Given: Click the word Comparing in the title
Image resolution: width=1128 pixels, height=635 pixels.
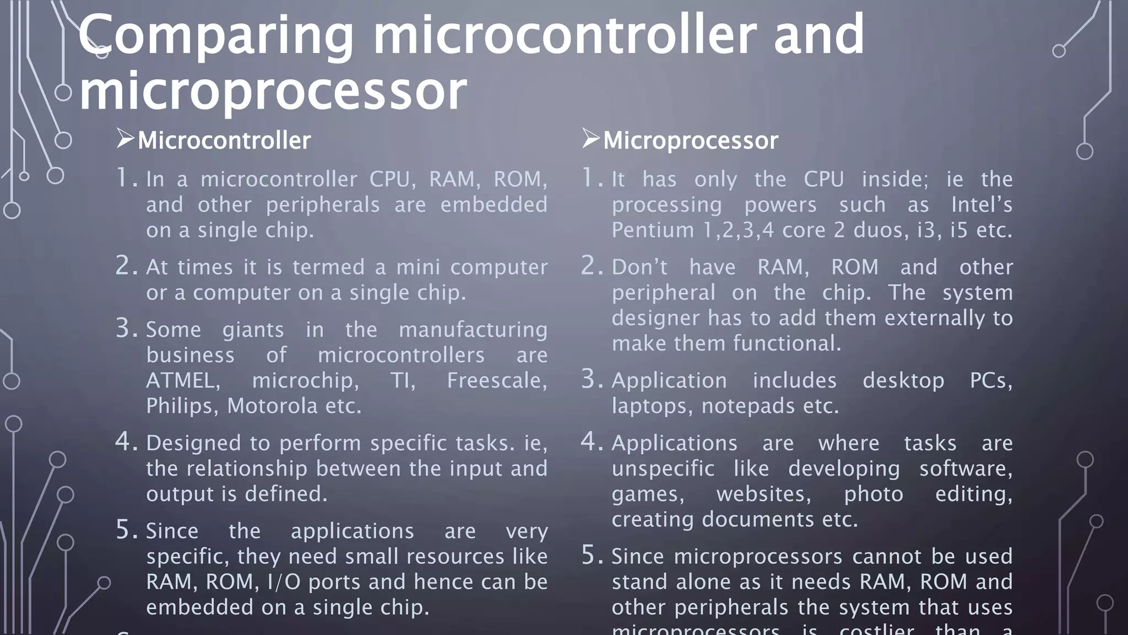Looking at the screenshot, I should click(215, 36).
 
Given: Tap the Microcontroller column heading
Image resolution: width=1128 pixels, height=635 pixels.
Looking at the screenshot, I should click(224, 141).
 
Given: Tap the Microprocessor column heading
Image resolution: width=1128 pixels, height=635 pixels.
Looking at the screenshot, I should click(690, 141).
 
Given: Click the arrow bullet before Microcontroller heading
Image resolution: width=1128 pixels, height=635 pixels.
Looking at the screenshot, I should click(125, 138).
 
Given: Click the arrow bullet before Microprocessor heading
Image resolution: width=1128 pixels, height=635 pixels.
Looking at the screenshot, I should click(590, 138).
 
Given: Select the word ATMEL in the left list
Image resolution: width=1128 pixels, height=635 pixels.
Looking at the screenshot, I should click(183, 381).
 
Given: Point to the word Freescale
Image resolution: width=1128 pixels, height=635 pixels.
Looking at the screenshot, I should click(496, 381).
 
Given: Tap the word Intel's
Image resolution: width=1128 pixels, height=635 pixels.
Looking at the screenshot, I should click(981, 205).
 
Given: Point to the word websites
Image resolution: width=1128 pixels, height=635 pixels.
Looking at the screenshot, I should click(763, 494).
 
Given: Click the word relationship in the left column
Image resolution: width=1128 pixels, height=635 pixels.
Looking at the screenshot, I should click(247, 469).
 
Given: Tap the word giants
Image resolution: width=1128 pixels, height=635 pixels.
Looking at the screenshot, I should click(253, 330).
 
